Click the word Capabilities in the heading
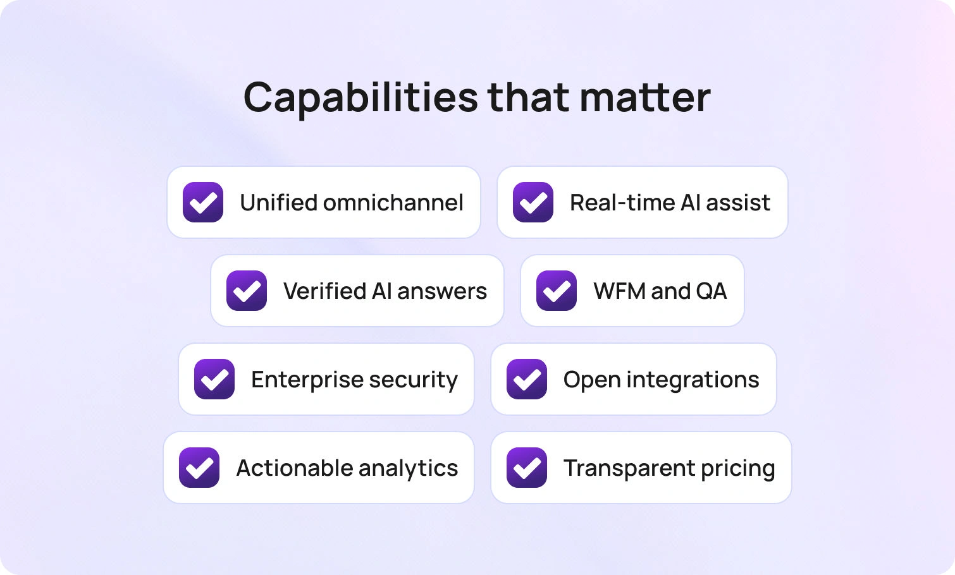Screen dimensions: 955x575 pyautogui.click(x=360, y=99)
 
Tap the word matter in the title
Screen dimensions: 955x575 pyautogui.click(x=645, y=98)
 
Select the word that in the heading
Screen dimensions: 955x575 pyautogui.click(x=529, y=97)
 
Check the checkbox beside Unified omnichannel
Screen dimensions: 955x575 pyautogui.click(x=203, y=202)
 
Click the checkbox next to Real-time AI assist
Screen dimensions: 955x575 pyautogui.click(x=533, y=202)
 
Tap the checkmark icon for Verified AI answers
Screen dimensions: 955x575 pyautogui.click(x=247, y=291)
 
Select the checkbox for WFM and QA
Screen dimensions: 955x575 pyautogui.click(x=557, y=291)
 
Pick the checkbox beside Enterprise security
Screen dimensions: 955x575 pyautogui.click(x=214, y=379)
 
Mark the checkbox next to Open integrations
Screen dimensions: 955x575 pyautogui.click(x=527, y=379)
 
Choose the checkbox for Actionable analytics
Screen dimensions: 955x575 pyautogui.click(x=199, y=468)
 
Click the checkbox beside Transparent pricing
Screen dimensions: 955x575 pyautogui.click(x=527, y=468)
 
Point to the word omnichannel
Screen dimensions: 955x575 pyautogui.click(x=393, y=203)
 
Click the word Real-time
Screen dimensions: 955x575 pyautogui.click(x=622, y=203)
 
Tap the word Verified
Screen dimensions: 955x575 pyautogui.click(x=324, y=291)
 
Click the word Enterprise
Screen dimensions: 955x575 pyautogui.click(x=307, y=380)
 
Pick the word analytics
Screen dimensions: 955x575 pyautogui.click(x=409, y=468)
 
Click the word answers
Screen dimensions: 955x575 pyautogui.click(x=442, y=292)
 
